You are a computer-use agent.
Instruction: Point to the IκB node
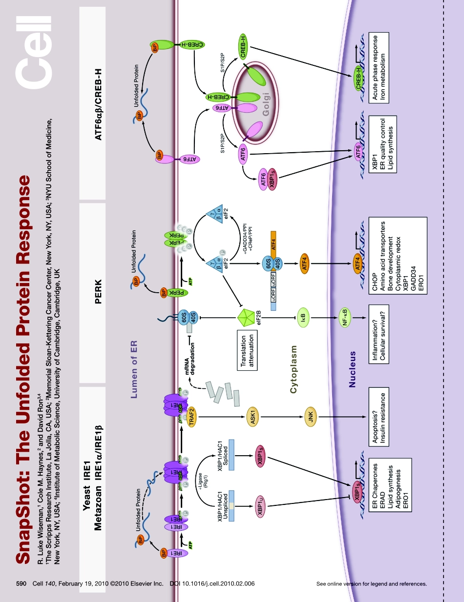tap(303, 318)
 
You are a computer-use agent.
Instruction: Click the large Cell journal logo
tap(34, 49)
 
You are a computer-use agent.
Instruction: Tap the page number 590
tap(21, 583)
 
